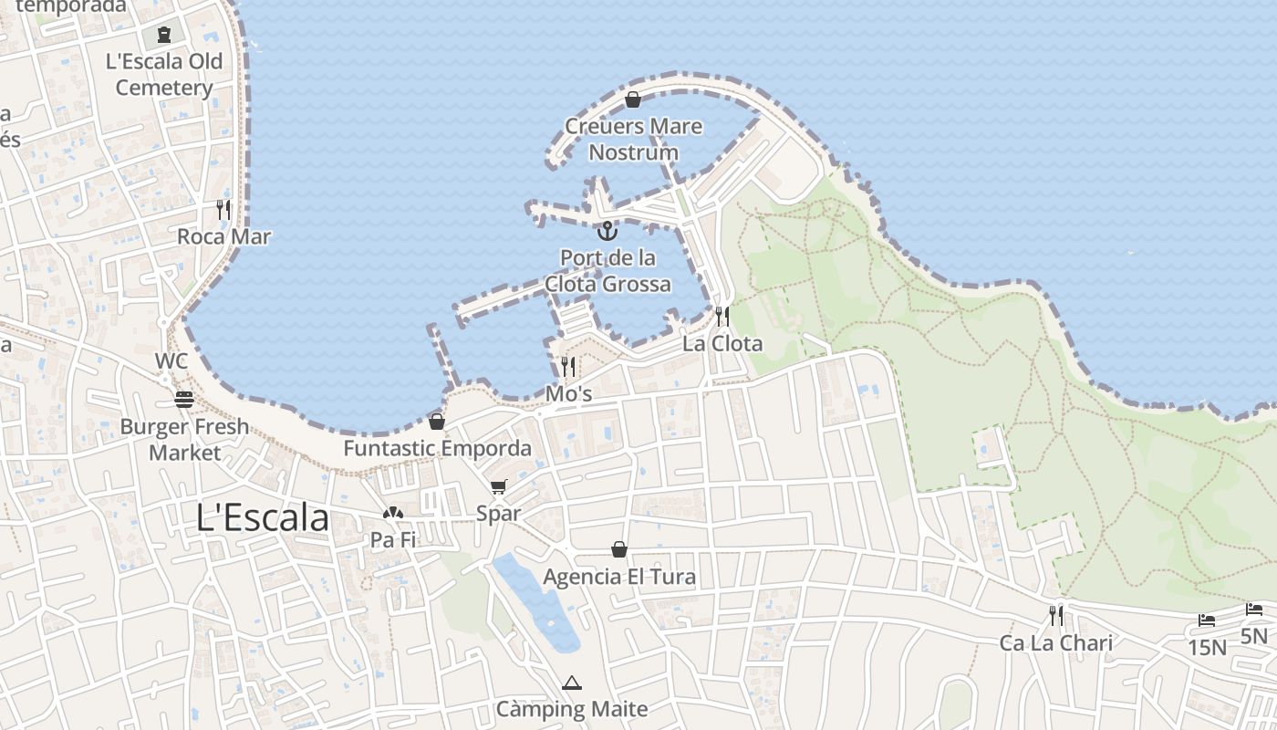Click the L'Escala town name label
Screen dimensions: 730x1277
263,517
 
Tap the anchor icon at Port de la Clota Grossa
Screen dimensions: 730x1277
607,230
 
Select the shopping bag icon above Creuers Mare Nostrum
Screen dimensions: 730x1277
633,99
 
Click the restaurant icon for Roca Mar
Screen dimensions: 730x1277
223,209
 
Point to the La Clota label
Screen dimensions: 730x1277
722,344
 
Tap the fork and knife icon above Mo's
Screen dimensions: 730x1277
568,367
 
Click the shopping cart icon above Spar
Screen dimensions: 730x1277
498,487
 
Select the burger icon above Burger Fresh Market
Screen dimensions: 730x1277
184,400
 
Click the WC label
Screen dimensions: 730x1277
171,360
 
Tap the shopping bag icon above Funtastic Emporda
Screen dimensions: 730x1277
437,422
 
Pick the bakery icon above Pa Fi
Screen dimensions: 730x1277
393,514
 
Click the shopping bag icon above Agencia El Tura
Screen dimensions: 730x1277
619,549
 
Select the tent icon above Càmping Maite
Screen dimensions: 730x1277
572,683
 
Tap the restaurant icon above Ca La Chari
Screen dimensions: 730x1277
1056,616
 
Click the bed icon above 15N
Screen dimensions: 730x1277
1207,620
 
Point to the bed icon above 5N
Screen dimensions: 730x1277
1254,609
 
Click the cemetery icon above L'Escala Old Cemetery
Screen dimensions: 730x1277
164,35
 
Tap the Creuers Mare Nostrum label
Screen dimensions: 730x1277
634,139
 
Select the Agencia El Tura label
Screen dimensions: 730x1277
619,577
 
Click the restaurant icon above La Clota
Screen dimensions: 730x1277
722,317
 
